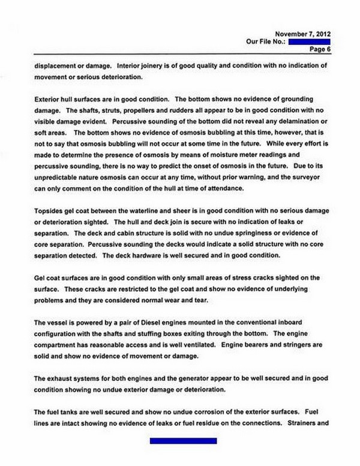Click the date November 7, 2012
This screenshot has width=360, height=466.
point(302,34)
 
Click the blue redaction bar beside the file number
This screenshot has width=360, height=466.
point(308,42)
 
